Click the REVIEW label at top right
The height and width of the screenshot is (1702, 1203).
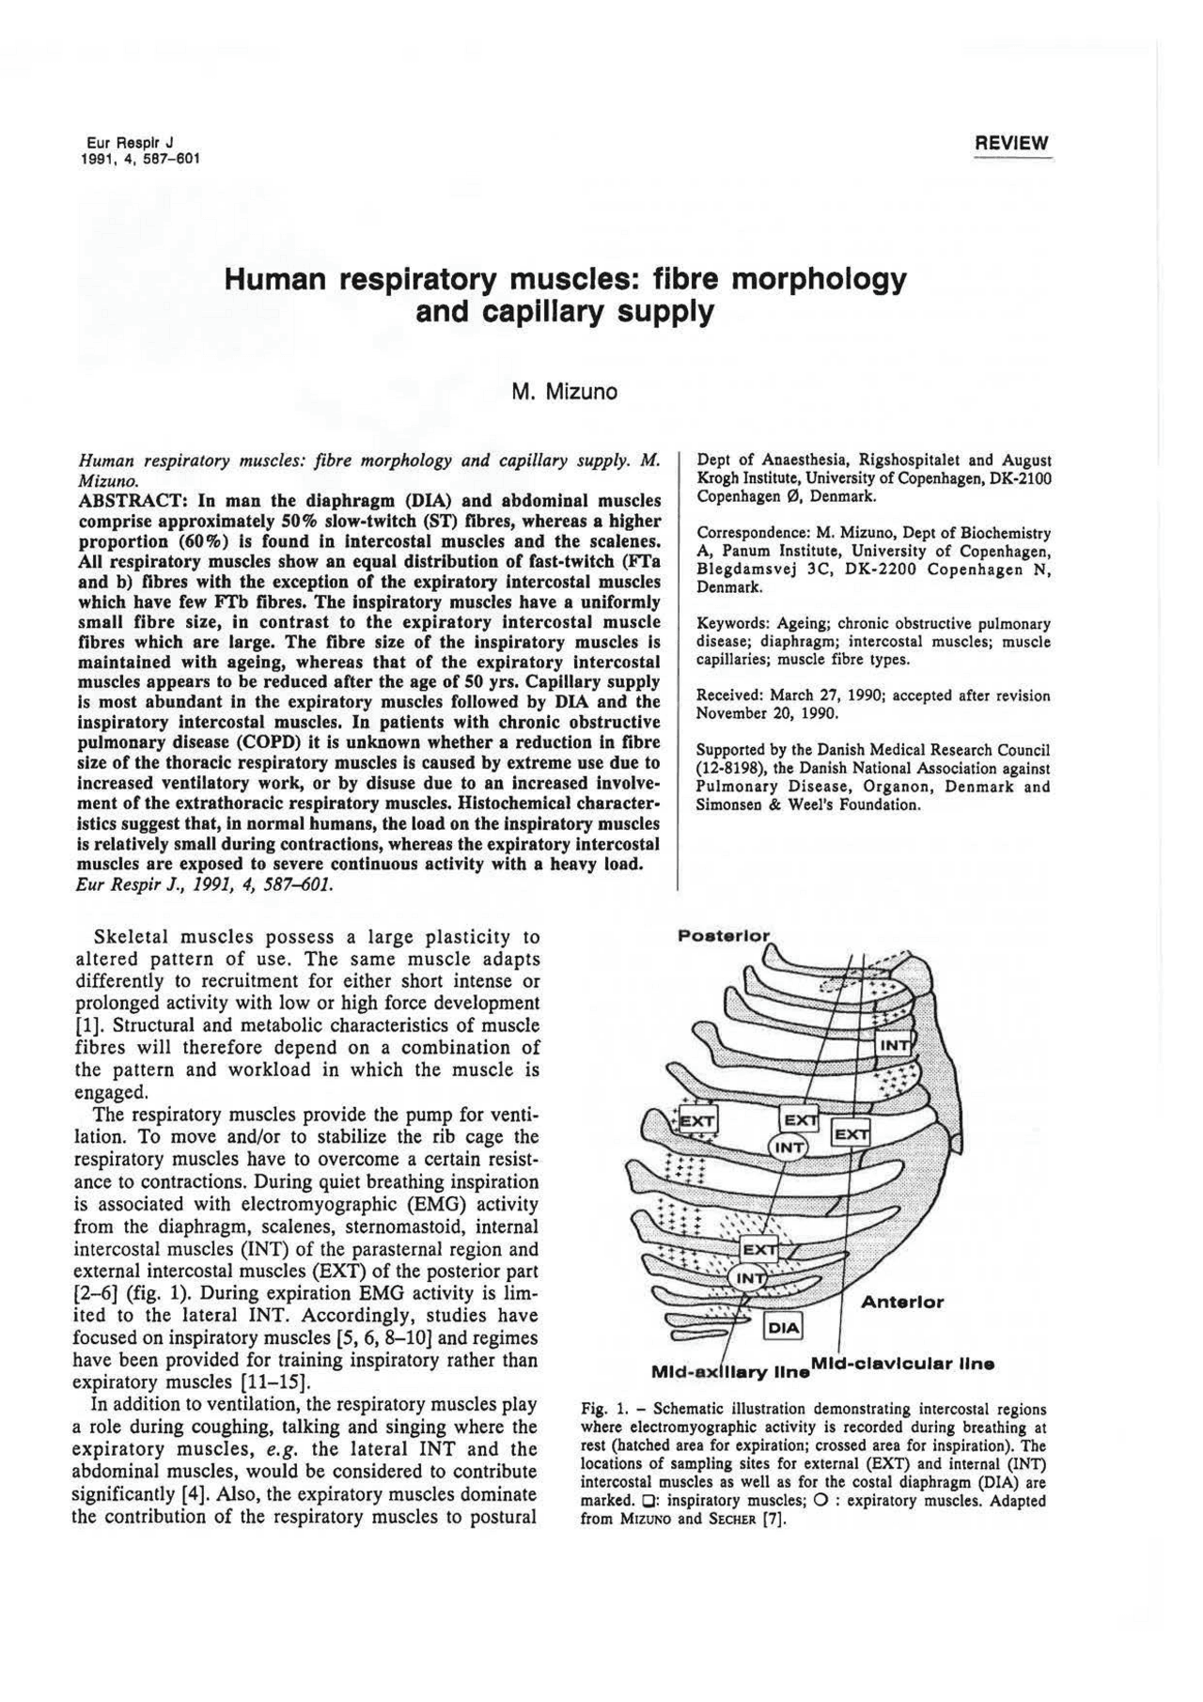pos(1011,144)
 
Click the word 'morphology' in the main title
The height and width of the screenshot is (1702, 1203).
pos(815,279)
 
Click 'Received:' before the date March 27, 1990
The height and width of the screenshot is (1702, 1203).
pos(728,696)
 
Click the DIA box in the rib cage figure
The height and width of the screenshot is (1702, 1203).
pos(783,1327)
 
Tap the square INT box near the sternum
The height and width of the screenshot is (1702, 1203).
pos(894,1046)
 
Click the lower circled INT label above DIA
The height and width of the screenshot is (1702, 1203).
pos(749,1279)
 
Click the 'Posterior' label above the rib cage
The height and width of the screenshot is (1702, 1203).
pos(724,936)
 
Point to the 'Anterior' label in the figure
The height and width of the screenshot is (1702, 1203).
pos(902,1303)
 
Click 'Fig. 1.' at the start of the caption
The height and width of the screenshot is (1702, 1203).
pos(603,1410)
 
